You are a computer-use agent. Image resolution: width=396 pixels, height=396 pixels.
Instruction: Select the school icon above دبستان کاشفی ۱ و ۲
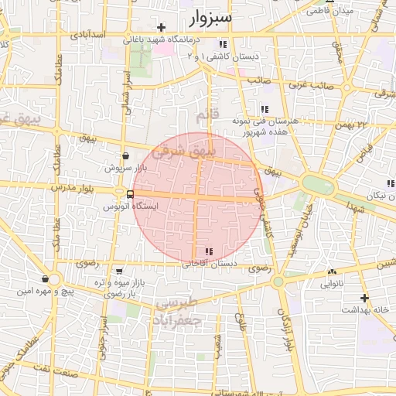(224, 44)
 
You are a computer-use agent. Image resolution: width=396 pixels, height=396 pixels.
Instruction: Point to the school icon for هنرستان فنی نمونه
(265, 109)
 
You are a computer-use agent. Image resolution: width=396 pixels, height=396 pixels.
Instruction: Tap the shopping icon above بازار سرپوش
(125, 156)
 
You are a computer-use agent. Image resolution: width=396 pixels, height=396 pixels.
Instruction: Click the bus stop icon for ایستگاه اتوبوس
(118, 194)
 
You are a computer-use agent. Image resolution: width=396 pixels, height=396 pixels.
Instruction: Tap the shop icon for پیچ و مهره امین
(46, 279)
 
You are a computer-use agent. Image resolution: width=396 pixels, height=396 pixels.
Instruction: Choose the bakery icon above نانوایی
(332, 272)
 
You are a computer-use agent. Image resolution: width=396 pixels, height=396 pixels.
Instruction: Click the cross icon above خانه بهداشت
(364, 298)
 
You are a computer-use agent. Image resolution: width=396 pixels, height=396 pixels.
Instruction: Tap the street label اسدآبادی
(89, 35)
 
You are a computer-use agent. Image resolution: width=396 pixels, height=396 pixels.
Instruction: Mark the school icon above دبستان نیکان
(390, 183)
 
